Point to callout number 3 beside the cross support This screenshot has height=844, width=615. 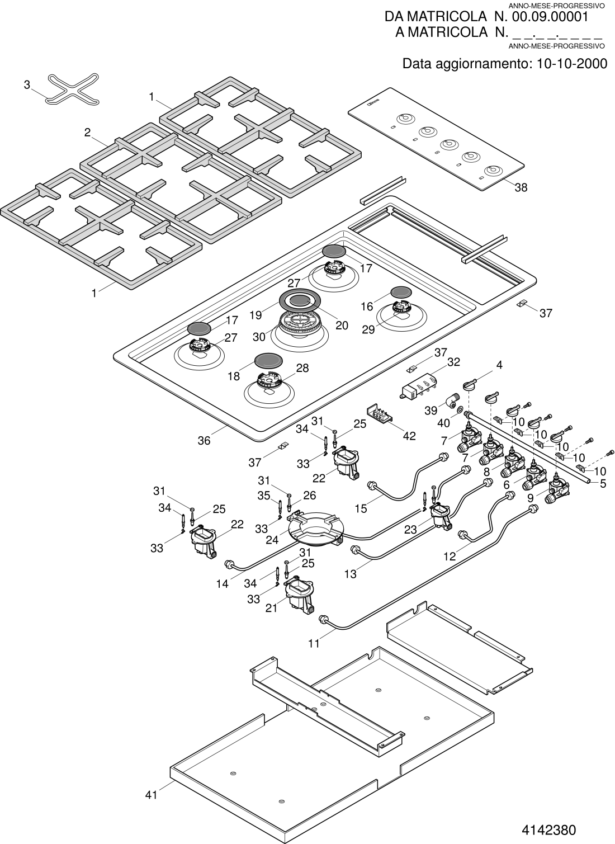(27, 85)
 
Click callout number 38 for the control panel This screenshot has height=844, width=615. (521, 187)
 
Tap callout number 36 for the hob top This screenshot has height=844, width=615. (204, 440)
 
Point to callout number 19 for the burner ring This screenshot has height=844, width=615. (256, 315)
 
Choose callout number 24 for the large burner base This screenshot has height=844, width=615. (272, 540)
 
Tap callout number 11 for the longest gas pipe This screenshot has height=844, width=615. (314, 643)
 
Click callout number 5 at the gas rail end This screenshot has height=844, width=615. (603, 483)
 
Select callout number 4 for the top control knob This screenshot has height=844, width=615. (499, 365)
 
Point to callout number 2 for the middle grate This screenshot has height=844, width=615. (87, 132)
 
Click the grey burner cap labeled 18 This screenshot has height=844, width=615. (268, 360)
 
